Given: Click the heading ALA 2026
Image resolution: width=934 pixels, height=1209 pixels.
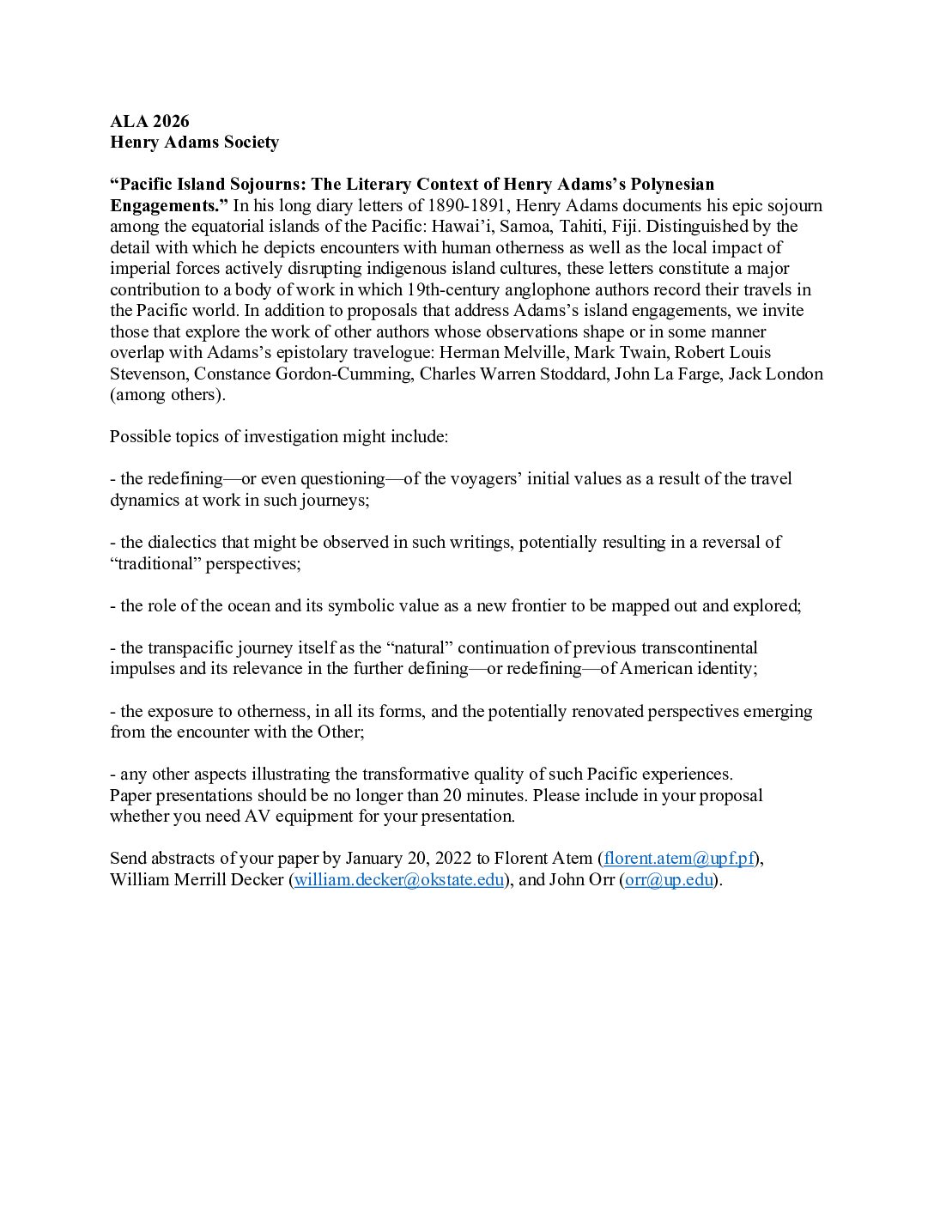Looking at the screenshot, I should click(149, 121).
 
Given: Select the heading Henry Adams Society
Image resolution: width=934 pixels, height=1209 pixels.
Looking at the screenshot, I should click(194, 143).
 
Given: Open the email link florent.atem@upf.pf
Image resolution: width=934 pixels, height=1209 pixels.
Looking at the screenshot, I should click(679, 858).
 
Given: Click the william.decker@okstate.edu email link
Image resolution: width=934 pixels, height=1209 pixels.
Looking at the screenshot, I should click(399, 879).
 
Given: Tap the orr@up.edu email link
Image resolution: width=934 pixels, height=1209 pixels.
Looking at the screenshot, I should click(669, 879).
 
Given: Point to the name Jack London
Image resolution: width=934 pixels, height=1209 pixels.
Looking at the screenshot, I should click(775, 374).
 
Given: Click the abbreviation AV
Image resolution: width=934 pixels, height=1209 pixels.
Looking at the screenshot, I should click(257, 816).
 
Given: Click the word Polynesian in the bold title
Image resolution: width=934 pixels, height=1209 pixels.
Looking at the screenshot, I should click(672, 185).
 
